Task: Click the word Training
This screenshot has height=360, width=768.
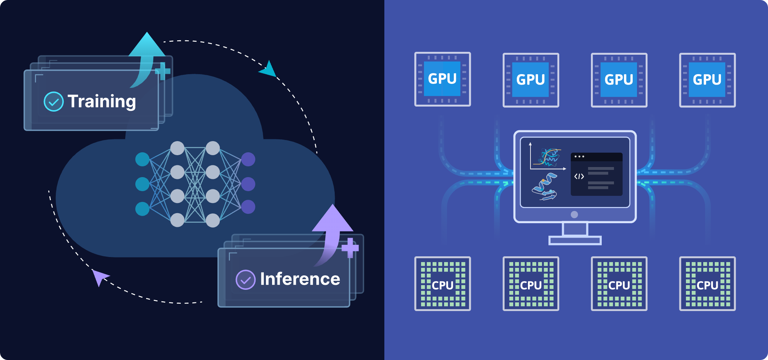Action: [101, 102]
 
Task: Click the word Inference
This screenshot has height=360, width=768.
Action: [300, 279]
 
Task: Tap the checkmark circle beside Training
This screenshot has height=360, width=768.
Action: [54, 102]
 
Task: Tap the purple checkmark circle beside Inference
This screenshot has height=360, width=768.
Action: [245, 280]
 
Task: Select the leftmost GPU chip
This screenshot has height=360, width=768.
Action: [442, 79]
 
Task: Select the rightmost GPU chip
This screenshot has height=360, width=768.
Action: [707, 80]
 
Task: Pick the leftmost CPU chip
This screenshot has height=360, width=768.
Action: [442, 284]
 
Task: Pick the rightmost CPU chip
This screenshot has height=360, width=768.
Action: [707, 284]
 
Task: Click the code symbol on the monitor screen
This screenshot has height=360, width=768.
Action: [579, 176]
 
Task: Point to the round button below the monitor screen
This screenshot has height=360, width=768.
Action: [574, 215]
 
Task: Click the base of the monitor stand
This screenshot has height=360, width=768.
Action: [575, 240]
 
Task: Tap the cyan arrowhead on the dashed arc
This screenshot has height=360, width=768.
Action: [268, 69]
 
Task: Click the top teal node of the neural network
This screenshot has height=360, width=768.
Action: [142, 159]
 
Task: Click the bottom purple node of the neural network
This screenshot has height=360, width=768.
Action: [248, 207]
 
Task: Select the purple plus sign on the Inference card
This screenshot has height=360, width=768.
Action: [350, 248]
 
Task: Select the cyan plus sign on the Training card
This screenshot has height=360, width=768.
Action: [163, 71]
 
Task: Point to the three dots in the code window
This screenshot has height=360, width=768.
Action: [579, 157]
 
